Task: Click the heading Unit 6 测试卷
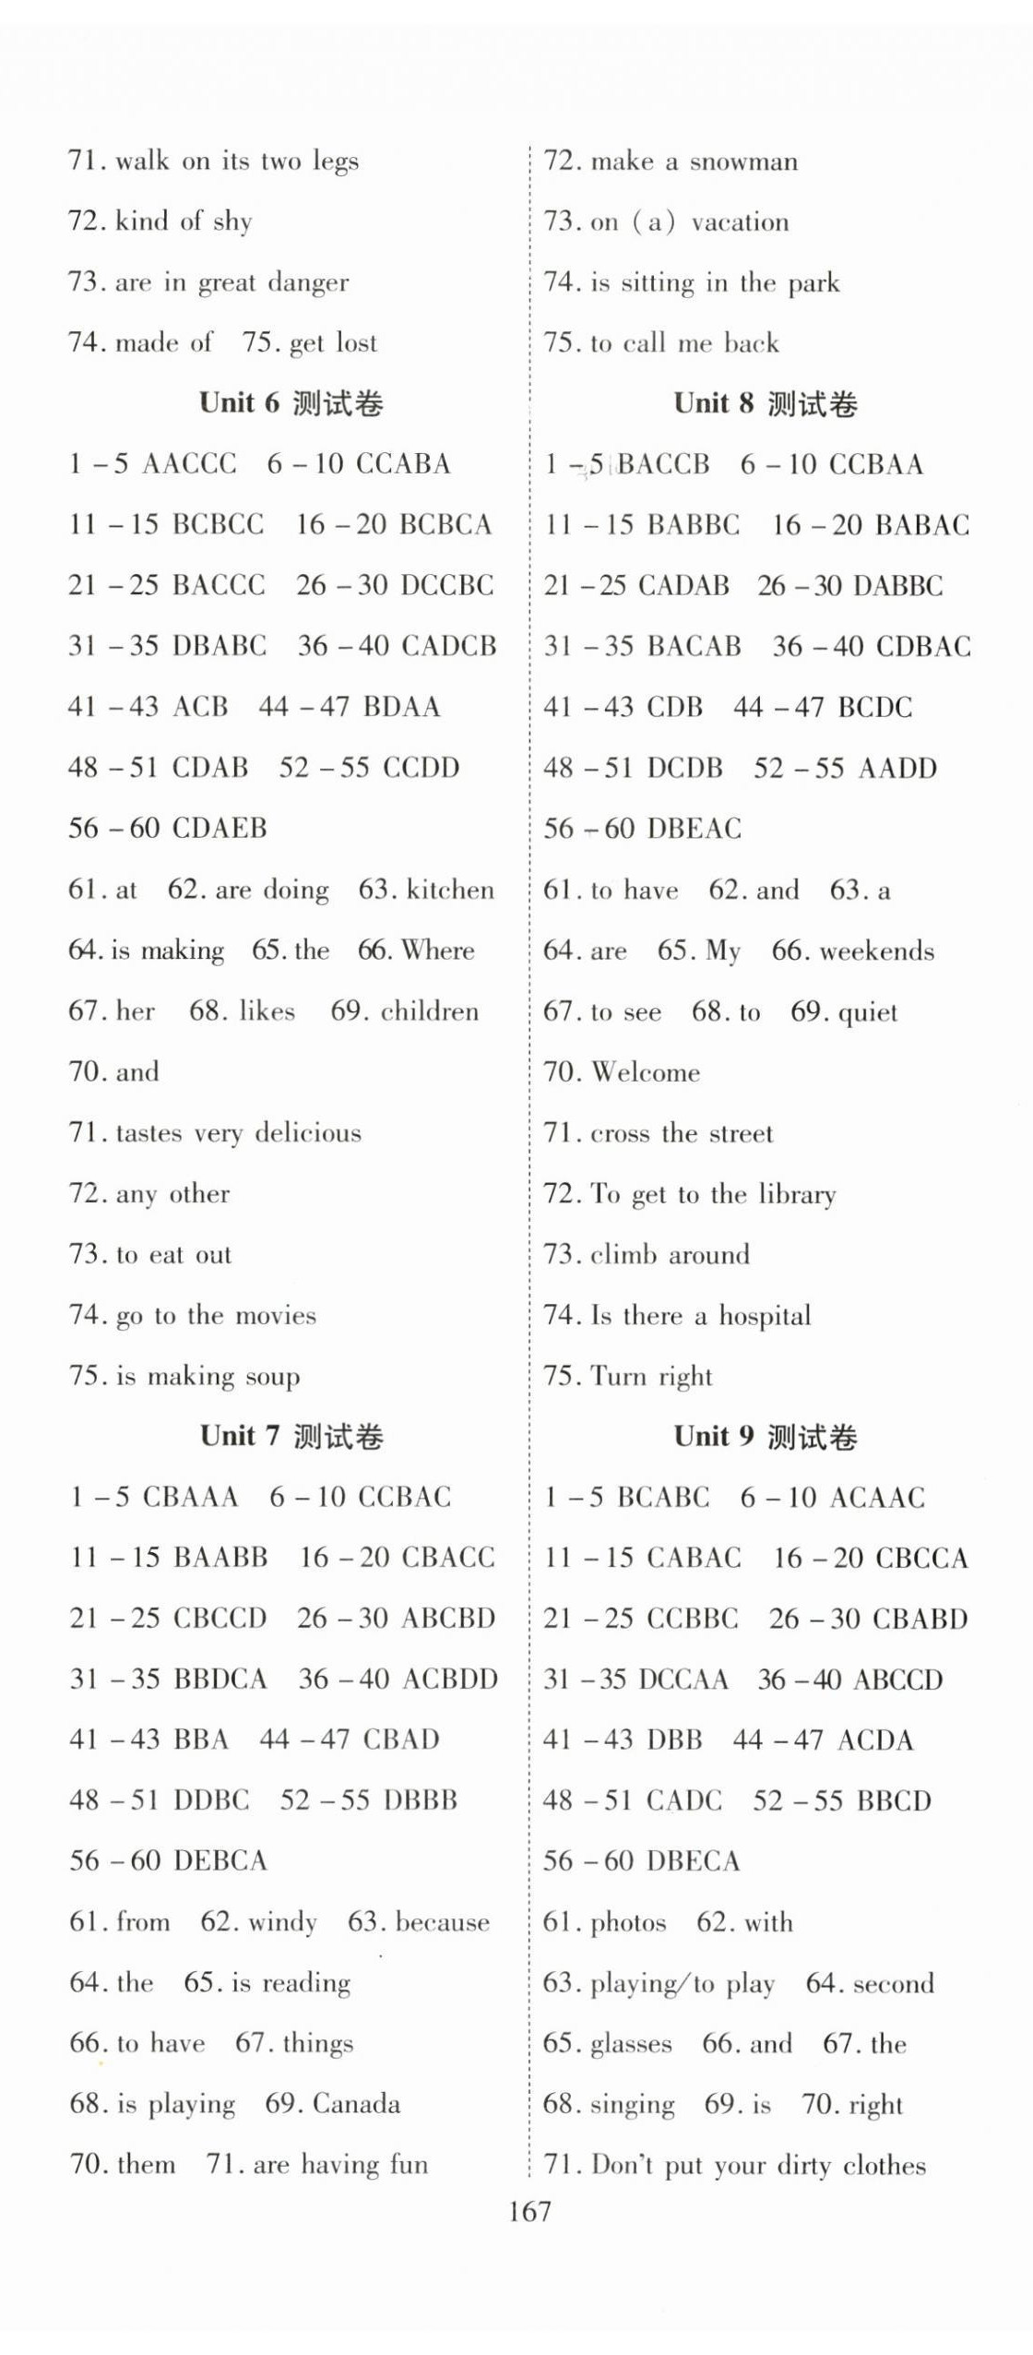point(291,402)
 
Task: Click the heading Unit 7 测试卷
point(291,1436)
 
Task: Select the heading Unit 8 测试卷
point(765,403)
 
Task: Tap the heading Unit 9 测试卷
point(765,1437)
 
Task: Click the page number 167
point(529,2211)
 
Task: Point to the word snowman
point(743,161)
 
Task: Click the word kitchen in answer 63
point(450,890)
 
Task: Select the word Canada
point(356,2104)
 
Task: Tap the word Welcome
point(646,1072)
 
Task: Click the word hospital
point(765,1315)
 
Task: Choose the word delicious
point(308,1132)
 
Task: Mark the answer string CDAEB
point(220,828)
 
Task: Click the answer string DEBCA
point(220,1860)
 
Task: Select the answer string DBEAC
point(694,829)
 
